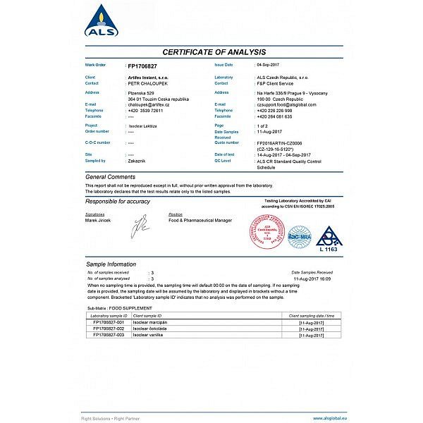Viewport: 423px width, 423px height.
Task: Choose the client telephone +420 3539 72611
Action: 146,111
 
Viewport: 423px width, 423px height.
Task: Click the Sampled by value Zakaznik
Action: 137,161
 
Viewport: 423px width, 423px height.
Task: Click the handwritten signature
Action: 142,226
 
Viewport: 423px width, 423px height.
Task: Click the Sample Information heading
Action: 111,264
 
